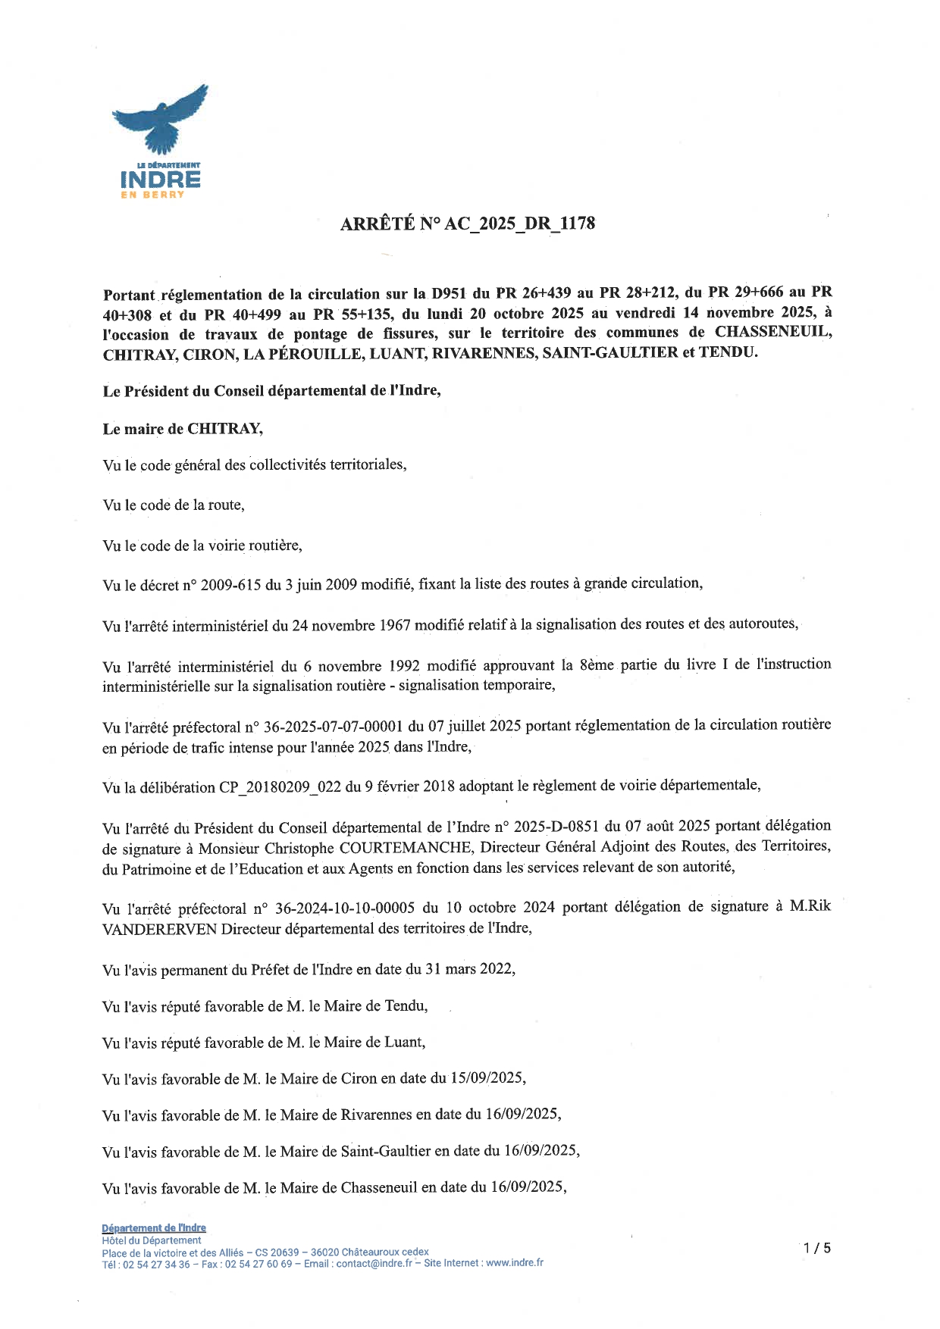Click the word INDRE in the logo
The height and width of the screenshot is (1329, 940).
click(x=161, y=180)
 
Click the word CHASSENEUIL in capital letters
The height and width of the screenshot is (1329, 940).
click(x=774, y=333)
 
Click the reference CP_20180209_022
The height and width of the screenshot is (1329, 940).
click(x=280, y=787)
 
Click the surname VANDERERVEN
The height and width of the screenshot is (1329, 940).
click(x=159, y=929)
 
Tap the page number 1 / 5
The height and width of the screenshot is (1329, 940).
click(x=817, y=1248)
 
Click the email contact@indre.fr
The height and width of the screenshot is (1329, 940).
click(x=374, y=1263)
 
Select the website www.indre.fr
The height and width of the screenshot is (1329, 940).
click(x=515, y=1263)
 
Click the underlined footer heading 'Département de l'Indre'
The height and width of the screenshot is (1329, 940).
click(x=154, y=1228)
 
